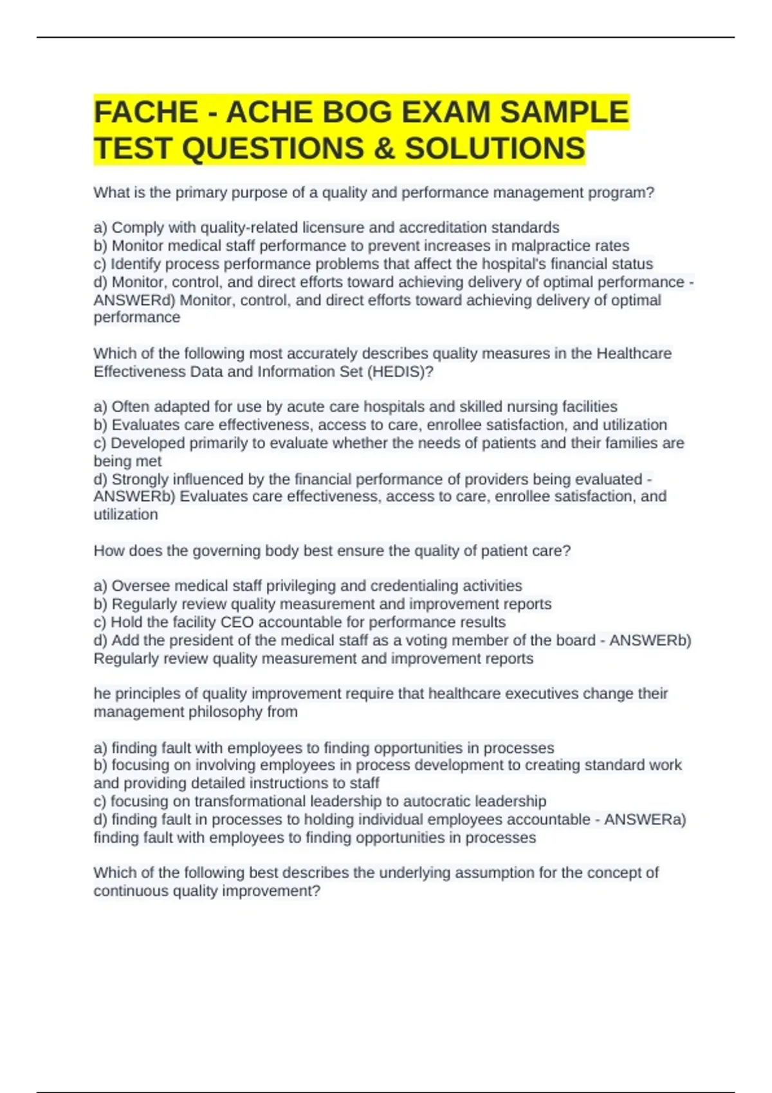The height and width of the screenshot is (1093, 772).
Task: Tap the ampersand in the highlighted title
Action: [384, 149]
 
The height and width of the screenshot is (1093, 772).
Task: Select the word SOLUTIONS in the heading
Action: [495, 149]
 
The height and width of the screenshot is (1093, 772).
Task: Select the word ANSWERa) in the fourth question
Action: [645, 819]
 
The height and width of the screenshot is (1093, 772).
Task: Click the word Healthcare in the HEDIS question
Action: [634, 354]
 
